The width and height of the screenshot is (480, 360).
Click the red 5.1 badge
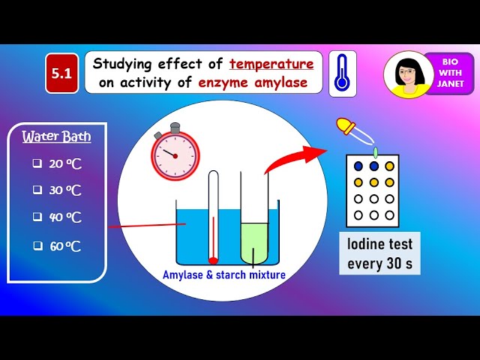61,73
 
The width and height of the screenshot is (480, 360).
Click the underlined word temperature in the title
271,64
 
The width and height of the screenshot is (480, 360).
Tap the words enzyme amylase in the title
253,82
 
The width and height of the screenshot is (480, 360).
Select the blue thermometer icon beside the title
342,73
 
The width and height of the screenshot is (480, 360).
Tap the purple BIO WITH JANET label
451,73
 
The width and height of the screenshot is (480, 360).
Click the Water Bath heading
56,136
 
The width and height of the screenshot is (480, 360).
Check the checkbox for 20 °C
36,163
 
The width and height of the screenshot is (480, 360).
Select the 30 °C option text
65,190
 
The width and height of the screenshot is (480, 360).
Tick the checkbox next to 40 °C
36,217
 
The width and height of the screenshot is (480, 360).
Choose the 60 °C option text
65,245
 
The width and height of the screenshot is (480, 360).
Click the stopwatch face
174,155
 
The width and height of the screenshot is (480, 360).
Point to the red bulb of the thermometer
213,261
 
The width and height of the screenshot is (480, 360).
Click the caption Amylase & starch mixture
224,275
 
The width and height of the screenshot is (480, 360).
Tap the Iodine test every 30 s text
379,253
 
